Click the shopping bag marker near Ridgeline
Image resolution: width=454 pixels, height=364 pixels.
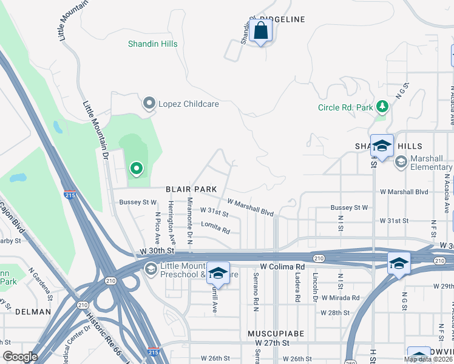coord(260,30)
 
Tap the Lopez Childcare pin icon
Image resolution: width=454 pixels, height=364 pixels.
coord(149,104)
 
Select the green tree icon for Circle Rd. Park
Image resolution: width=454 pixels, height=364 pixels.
coord(382,107)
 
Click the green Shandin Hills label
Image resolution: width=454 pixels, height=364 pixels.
coord(152,44)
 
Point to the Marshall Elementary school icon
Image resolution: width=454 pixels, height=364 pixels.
coord(401,161)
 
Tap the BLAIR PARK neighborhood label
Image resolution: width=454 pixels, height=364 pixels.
coord(192,189)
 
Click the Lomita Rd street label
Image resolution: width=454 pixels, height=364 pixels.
coord(216,230)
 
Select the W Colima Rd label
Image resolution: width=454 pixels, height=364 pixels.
coord(282,266)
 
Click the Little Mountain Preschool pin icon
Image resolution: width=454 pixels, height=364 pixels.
coord(150,268)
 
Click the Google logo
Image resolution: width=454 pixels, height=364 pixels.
coord(21,357)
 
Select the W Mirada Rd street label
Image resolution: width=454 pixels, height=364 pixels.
coord(340,298)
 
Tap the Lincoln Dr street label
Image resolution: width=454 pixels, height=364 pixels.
coord(315,291)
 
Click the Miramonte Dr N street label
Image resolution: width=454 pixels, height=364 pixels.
coord(189,221)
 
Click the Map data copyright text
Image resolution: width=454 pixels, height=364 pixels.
coord(428,359)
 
